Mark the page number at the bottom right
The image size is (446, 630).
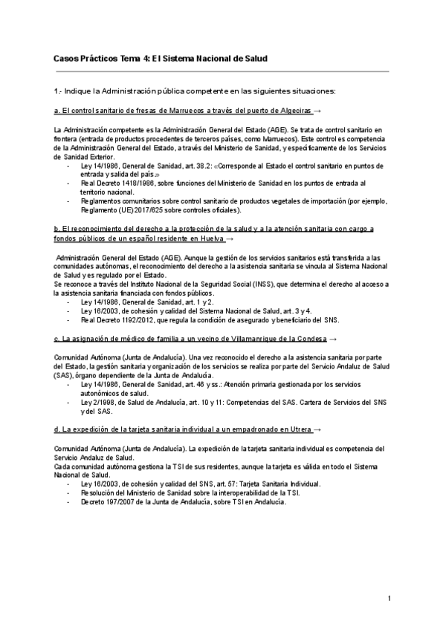pos(389,598)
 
